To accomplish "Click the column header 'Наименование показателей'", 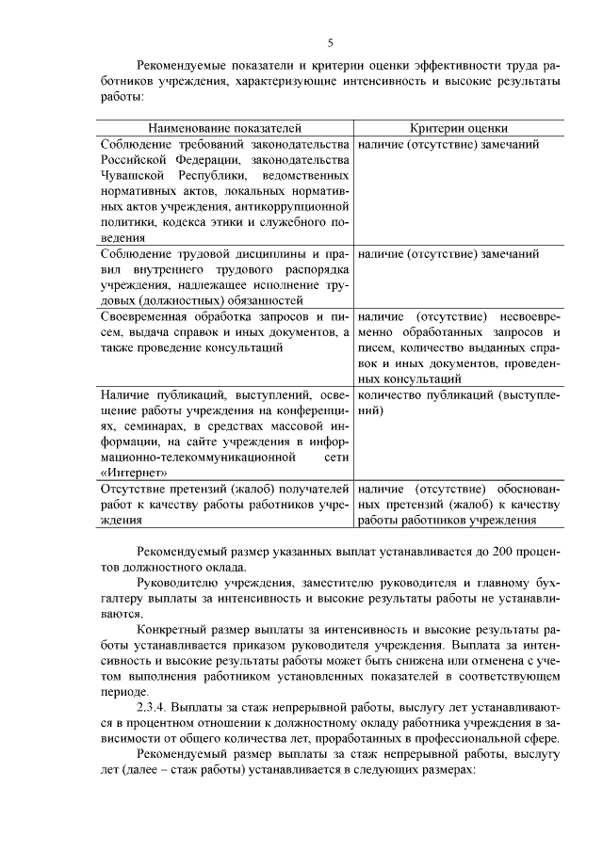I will [x=225, y=128].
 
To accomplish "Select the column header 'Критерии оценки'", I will [x=459, y=128].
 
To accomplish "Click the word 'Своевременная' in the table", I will [x=144, y=315].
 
